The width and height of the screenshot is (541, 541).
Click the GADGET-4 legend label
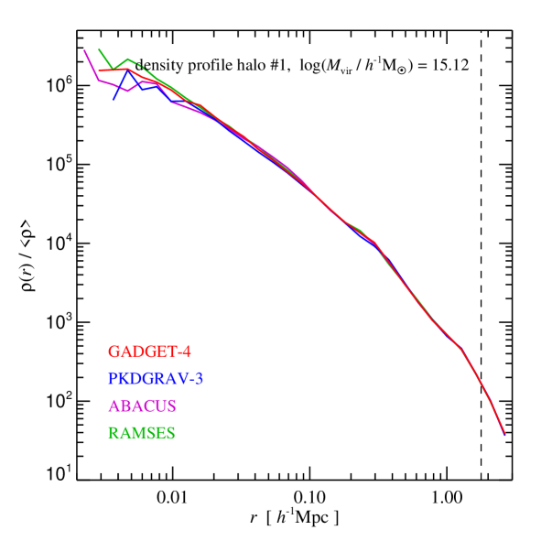coord(149,352)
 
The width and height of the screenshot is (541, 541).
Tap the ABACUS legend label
coord(142,406)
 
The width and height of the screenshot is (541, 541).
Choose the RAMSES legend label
coord(142,433)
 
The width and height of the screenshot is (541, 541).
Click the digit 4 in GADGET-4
coord(186,352)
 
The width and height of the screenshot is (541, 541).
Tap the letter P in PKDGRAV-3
coord(114,378)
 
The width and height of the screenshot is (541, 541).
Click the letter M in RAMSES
coord(135,433)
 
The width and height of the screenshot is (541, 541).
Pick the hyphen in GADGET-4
coord(179,352)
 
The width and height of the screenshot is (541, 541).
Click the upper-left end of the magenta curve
coord(85,50)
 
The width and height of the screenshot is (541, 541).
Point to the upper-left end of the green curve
coord(99,49)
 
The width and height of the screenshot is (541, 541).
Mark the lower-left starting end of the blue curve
coord(114,100)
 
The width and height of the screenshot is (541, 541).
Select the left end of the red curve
coord(100,70)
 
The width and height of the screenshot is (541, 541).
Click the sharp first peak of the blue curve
coord(128,72)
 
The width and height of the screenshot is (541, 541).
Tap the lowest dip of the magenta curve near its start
coord(128,92)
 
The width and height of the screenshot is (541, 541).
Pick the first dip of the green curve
coord(114,67)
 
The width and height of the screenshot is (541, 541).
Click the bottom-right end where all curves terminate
coord(504,436)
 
